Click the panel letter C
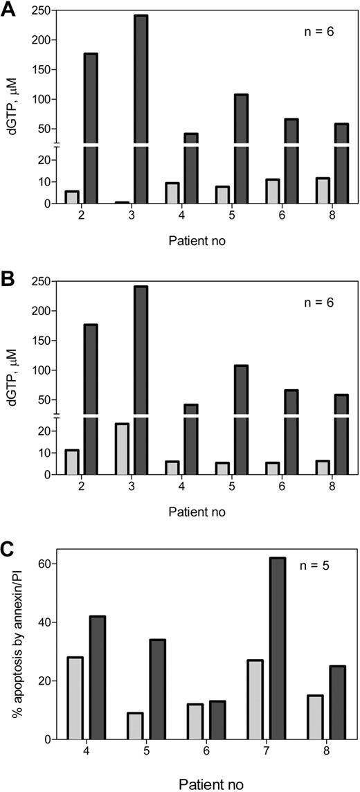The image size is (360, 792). (9, 552)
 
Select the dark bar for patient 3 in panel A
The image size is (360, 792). (141, 104)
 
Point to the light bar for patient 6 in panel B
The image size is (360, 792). (273, 468)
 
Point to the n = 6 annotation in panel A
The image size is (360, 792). (316, 32)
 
